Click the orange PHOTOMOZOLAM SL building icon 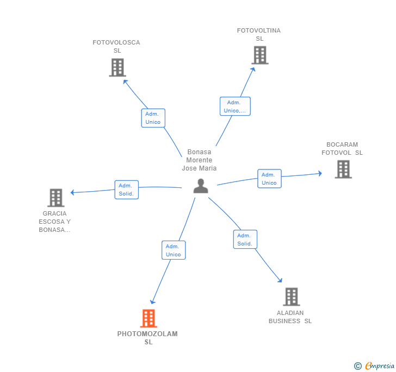point(148,318)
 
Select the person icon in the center point(201,186)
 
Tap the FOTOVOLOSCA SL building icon point(117,67)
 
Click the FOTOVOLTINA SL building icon point(260,55)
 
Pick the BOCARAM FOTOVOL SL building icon point(343,169)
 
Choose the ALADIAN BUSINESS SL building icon point(292,297)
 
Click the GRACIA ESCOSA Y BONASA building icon point(56,198)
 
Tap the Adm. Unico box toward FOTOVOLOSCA point(153,118)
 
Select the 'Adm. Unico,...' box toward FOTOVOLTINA point(235,106)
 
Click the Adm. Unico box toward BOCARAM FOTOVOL point(269,179)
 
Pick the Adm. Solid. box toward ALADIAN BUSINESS point(245,239)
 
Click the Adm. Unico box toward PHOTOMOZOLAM point(174,250)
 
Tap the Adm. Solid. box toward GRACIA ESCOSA point(127,190)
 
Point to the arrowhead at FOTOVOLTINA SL point(253,69)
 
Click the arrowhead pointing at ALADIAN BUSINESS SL point(280,280)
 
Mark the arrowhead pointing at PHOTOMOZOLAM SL point(152,302)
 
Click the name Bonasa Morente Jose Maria point(199,160)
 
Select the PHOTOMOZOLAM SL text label point(147,338)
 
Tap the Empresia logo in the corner point(375,365)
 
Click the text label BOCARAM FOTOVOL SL point(342,149)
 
